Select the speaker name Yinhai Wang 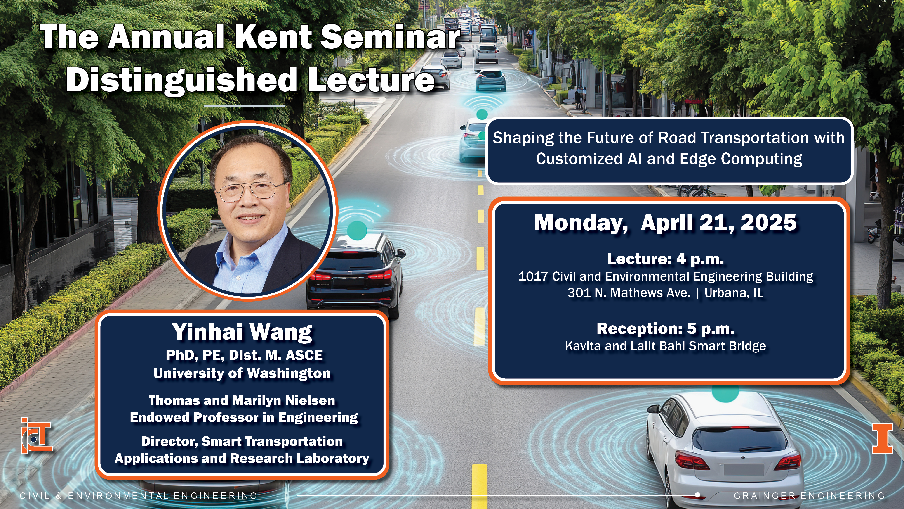coord(242,332)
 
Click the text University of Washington coord(242,373)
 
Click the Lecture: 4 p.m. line coord(665,259)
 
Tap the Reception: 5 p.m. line coord(665,329)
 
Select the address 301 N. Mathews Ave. coord(629,293)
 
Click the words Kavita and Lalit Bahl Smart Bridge coord(665,346)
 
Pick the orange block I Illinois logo coord(883,438)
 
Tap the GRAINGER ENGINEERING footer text coord(809,496)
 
